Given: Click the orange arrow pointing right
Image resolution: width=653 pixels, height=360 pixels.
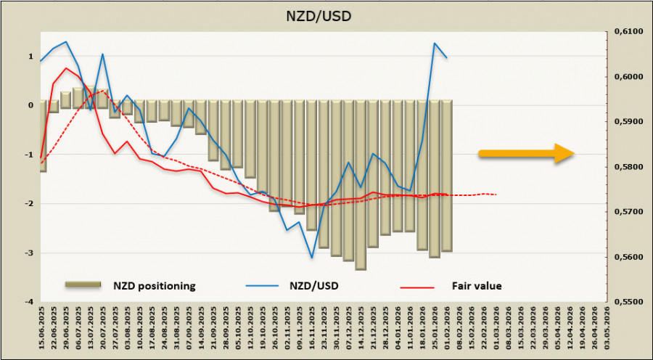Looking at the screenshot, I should click(x=526, y=153).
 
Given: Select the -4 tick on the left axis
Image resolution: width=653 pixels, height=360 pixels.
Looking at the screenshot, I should click(x=29, y=301).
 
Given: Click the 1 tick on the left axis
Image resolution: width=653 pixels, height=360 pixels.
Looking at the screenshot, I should click(x=30, y=57).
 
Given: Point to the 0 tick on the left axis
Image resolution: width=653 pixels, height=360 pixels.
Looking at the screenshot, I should click(x=30, y=105).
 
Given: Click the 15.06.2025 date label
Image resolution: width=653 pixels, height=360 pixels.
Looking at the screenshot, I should click(x=44, y=331).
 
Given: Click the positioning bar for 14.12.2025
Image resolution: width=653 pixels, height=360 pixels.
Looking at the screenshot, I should click(x=361, y=185).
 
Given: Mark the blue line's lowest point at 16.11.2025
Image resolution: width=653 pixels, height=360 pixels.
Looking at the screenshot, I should click(x=312, y=257).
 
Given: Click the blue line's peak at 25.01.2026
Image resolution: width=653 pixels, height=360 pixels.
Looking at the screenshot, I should click(x=435, y=43).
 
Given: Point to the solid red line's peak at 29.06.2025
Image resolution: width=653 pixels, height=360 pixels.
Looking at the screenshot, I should click(x=67, y=68).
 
